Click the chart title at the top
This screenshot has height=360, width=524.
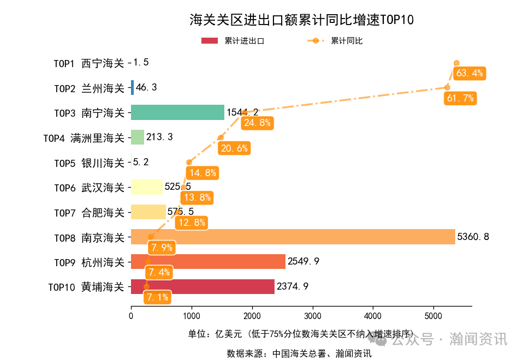click(301, 20)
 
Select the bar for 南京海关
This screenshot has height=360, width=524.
click(293, 237)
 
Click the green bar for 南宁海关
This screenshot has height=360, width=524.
click(177, 112)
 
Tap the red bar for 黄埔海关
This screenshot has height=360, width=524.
click(203, 286)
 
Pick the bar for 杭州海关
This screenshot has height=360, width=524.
click(208, 262)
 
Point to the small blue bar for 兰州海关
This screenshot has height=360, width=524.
click(132, 87)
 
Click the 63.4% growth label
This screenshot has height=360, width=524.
click(469, 73)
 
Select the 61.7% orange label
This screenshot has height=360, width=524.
click(460, 98)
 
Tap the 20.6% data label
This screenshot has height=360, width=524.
click(234, 148)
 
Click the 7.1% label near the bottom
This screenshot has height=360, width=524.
click(158, 297)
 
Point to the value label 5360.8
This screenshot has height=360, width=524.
click(473, 237)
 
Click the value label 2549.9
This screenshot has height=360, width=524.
click(303, 262)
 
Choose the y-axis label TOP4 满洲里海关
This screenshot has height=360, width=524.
click(84, 137)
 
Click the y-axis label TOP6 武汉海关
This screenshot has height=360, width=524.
click(88, 187)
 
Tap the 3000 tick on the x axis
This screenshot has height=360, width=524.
click(312, 315)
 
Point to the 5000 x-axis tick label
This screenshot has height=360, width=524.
click(433, 315)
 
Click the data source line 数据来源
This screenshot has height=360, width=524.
click(299, 353)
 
